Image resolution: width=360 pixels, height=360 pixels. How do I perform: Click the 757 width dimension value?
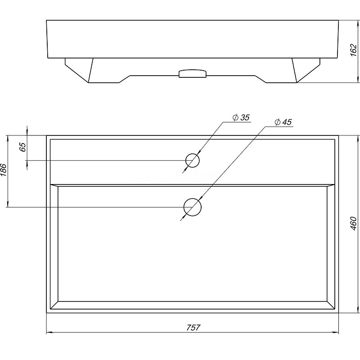click(x=193, y=328)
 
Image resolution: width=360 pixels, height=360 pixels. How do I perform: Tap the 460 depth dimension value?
click(x=354, y=223)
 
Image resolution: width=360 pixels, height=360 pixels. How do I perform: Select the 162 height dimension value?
click(x=354, y=50)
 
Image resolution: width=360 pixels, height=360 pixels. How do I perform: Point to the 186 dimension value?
click(x=4, y=170)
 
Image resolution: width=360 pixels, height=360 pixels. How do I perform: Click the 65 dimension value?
click(x=23, y=147)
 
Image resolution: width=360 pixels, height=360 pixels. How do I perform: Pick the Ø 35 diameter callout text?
click(x=241, y=117)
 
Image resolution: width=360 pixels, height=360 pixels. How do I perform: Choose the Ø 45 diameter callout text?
click(x=283, y=122)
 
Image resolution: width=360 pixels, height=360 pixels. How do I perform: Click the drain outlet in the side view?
click(x=193, y=73)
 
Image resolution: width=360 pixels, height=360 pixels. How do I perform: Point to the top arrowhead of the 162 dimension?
click(x=358, y=23)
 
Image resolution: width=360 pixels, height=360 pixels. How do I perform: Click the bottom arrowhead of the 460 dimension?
click(x=358, y=310)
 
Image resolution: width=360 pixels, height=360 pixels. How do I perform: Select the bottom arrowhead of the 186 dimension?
click(x=8, y=204)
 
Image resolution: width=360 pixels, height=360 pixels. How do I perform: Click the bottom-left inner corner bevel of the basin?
click(x=54, y=305)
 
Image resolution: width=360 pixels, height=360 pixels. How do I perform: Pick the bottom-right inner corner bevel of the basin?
click(x=331, y=305)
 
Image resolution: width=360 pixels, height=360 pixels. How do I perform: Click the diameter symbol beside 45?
click(x=278, y=122)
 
